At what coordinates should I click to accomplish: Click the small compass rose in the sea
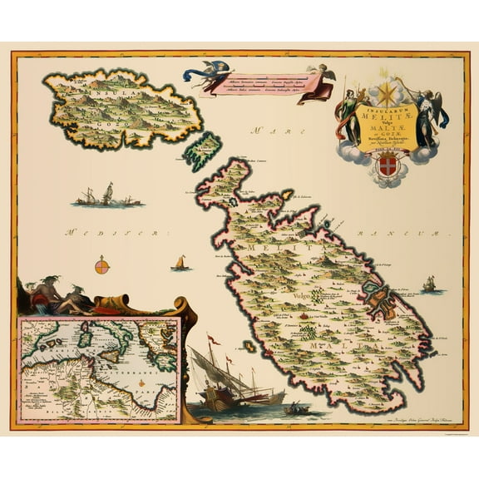[102, 267]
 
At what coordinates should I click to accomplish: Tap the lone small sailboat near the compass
[180, 263]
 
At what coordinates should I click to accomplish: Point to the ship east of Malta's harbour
[429, 284]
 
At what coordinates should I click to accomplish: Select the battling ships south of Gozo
[107, 197]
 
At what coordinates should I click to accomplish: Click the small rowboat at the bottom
[293, 408]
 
